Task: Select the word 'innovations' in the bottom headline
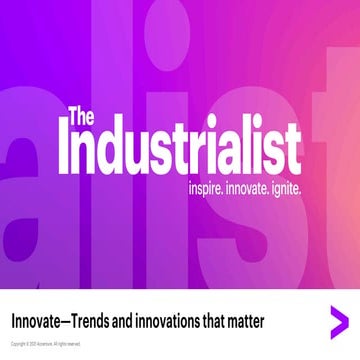184,322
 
